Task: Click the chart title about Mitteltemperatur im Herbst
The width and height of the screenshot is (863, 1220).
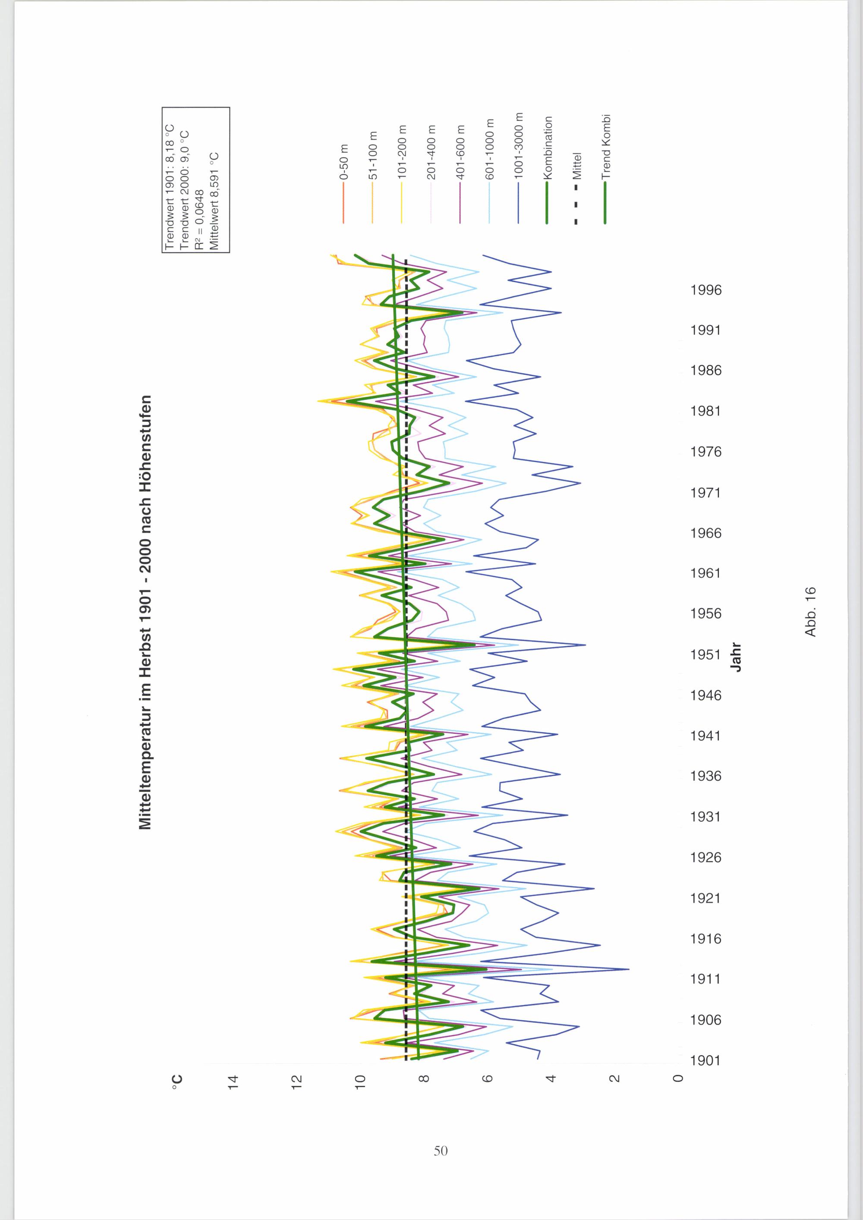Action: (x=145, y=612)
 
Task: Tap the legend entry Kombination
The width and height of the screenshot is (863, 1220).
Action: (x=547, y=170)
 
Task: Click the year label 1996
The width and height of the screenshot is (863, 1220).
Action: (x=706, y=290)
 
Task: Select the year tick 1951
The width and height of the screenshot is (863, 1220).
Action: (x=706, y=654)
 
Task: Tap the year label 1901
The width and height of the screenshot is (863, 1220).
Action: (x=706, y=1060)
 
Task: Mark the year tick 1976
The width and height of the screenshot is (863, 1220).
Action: (x=706, y=452)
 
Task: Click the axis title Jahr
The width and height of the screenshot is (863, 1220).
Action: (x=737, y=657)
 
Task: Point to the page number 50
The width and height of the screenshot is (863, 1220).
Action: (x=441, y=1151)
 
